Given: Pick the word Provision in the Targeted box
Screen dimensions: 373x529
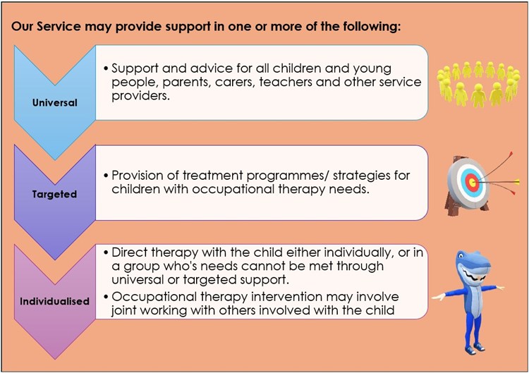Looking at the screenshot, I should coord(138,175).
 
